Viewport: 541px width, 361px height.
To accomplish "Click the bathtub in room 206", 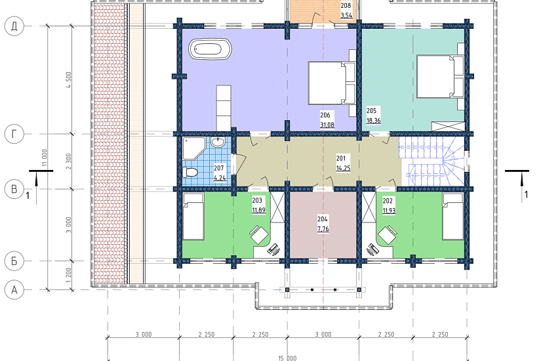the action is [x=210, y=49].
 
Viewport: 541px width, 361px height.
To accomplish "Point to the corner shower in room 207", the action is [x=194, y=148].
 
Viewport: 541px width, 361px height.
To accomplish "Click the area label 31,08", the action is [x=327, y=125].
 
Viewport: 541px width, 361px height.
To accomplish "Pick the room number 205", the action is [x=371, y=111].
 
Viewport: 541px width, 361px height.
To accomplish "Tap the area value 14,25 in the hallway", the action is [x=344, y=168].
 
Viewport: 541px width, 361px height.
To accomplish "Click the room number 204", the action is [x=323, y=219].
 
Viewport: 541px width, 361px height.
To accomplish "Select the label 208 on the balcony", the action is [x=346, y=5].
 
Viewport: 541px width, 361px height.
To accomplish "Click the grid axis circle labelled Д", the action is [x=14, y=26].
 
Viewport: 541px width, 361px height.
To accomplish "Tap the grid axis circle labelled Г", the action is [x=14, y=134].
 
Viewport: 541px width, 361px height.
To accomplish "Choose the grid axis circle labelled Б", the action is [x=14, y=261].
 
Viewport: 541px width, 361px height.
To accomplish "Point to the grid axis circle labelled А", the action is [x=14, y=290].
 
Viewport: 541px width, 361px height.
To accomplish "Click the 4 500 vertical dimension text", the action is [x=68, y=80].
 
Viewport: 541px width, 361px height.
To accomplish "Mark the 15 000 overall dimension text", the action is [x=287, y=358].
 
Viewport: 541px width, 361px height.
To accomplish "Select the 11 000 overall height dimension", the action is [x=45, y=158].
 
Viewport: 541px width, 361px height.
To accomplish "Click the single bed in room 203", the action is [x=193, y=217].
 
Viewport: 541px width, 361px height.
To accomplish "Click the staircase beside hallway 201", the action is [x=431, y=161].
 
